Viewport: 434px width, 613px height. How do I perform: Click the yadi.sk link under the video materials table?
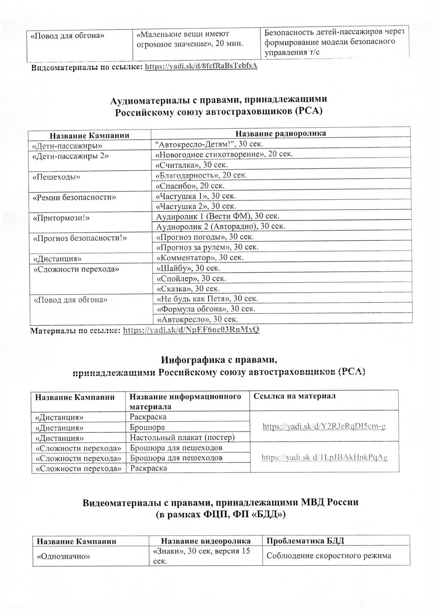click(201, 66)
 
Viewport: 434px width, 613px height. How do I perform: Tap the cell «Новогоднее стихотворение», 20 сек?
click(224, 154)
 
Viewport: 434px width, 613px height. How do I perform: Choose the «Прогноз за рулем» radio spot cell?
click(208, 247)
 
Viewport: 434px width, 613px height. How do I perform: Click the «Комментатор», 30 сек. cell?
click(206, 258)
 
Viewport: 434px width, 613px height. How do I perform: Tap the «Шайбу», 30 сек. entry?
click(188, 268)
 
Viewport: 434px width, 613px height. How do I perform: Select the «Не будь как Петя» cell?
click(207, 299)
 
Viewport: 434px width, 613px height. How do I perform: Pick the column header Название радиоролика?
click(281, 134)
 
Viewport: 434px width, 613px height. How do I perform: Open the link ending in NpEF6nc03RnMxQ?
click(191, 330)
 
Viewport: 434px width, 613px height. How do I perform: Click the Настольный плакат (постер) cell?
click(182, 438)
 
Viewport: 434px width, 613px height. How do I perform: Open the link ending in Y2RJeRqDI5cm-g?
click(324, 427)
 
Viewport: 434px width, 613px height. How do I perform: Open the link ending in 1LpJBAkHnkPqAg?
click(324, 457)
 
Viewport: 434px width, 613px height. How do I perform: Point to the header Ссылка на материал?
click(295, 396)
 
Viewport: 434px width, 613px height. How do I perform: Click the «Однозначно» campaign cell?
click(63, 556)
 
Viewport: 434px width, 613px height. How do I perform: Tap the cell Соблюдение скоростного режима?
click(329, 556)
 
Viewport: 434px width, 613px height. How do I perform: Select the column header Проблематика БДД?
click(305, 541)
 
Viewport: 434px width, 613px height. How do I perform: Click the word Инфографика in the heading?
click(186, 360)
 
